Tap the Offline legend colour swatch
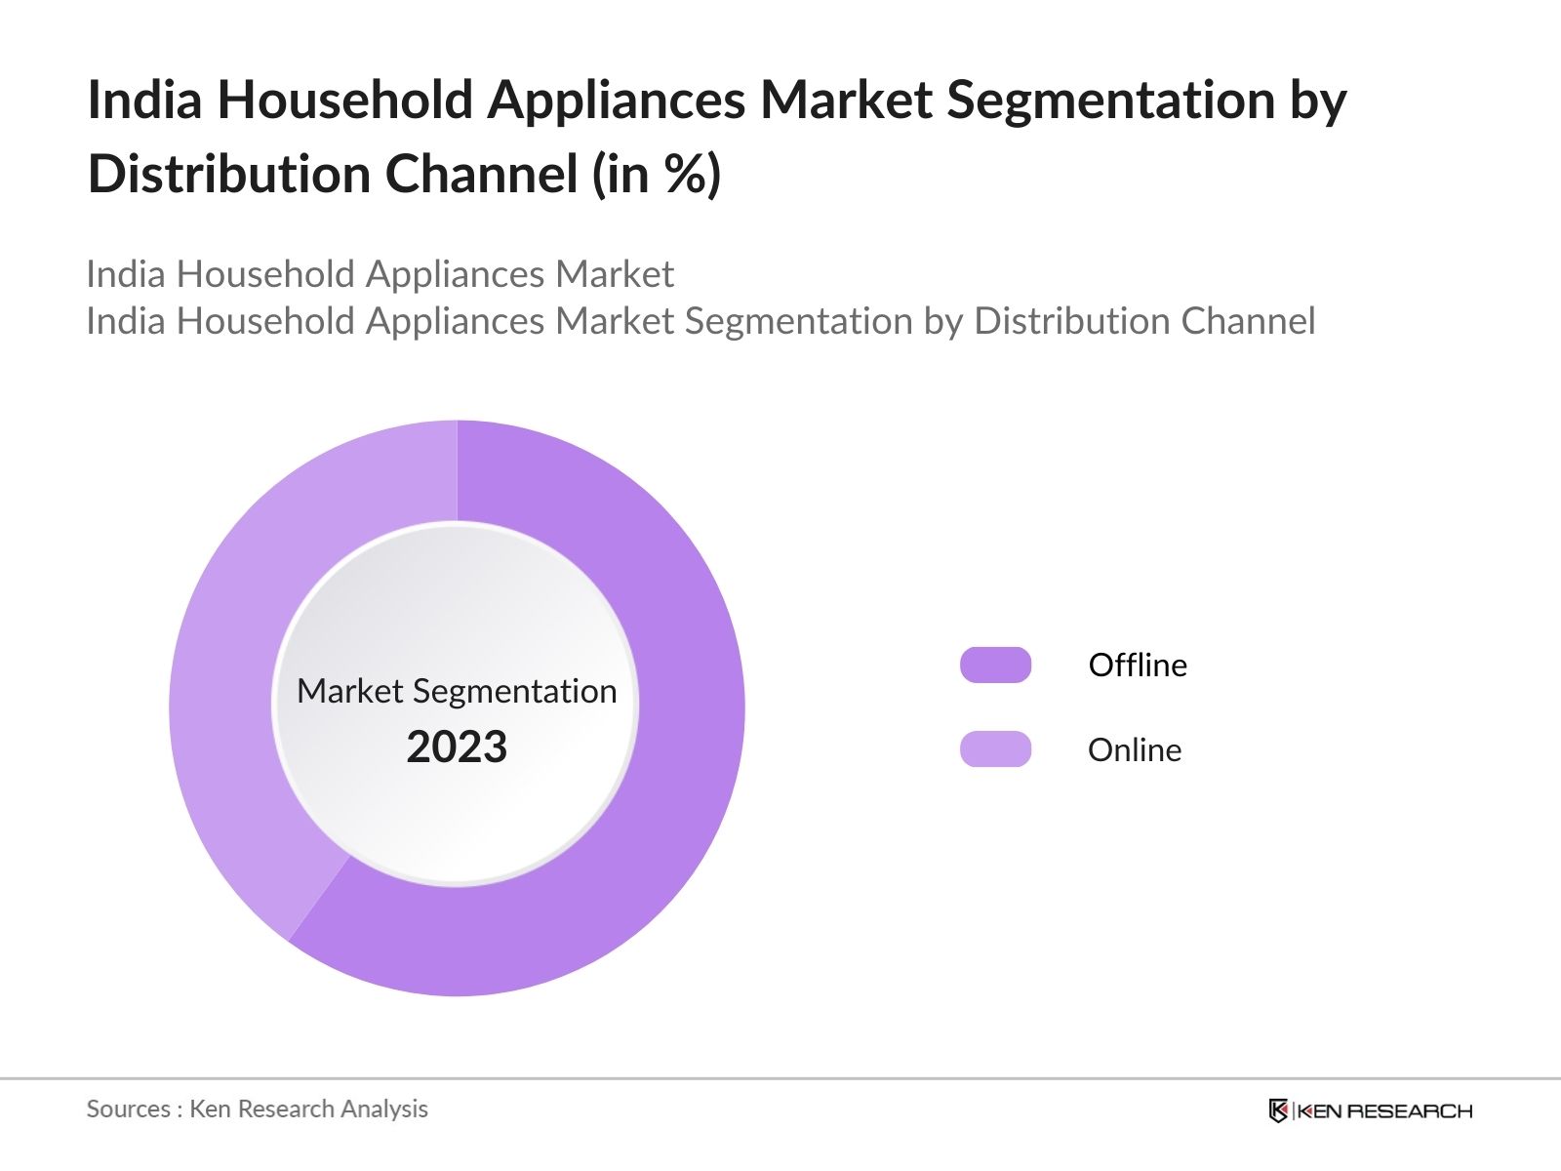995,665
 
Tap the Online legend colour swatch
995,749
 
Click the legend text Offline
1138,665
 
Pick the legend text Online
1135,749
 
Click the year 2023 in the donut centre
457,747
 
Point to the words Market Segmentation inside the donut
457,691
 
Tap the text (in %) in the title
657,175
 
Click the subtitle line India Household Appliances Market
380,274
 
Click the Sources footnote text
257,1109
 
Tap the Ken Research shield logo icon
1278,1110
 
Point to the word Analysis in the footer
389,1109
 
